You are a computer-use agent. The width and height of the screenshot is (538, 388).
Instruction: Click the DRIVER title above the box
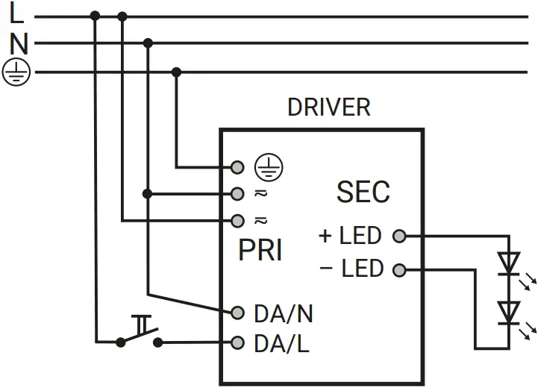click(x=328, y=107)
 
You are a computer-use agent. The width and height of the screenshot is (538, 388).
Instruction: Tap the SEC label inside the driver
click(x=363, y=192)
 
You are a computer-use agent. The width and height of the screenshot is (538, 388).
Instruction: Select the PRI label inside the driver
click(x=260, y=251)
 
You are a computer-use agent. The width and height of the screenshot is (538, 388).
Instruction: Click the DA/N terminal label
click(x=283, y=314)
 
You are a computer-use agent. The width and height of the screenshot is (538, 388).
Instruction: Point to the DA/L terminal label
click(x=281, y=344)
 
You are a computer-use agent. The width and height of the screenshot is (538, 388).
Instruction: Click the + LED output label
click(x=350, y=236)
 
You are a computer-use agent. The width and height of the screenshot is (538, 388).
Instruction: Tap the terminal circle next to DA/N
click(x=238, y=312)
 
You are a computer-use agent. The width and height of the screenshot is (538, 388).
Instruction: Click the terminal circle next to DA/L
click(x=238, y=343)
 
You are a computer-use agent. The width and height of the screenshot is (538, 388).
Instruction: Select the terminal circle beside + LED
click(x=399, y=237)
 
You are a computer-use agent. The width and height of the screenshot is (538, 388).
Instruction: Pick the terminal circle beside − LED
click(x=399, y=269)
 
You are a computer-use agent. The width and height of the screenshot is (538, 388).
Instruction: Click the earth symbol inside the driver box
click(x=265, y=166)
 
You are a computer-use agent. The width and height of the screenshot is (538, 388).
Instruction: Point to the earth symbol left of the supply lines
click(x=16, y=72)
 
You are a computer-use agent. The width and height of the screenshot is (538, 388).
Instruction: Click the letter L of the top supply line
click(x=16, y=13)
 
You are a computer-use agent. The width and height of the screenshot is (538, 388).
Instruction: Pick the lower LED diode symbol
click(x=510, y=311)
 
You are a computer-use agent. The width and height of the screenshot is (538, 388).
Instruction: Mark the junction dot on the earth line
click(x=176, y=72)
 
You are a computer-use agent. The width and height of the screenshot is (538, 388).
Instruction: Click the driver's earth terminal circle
click(x=238, y=166)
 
